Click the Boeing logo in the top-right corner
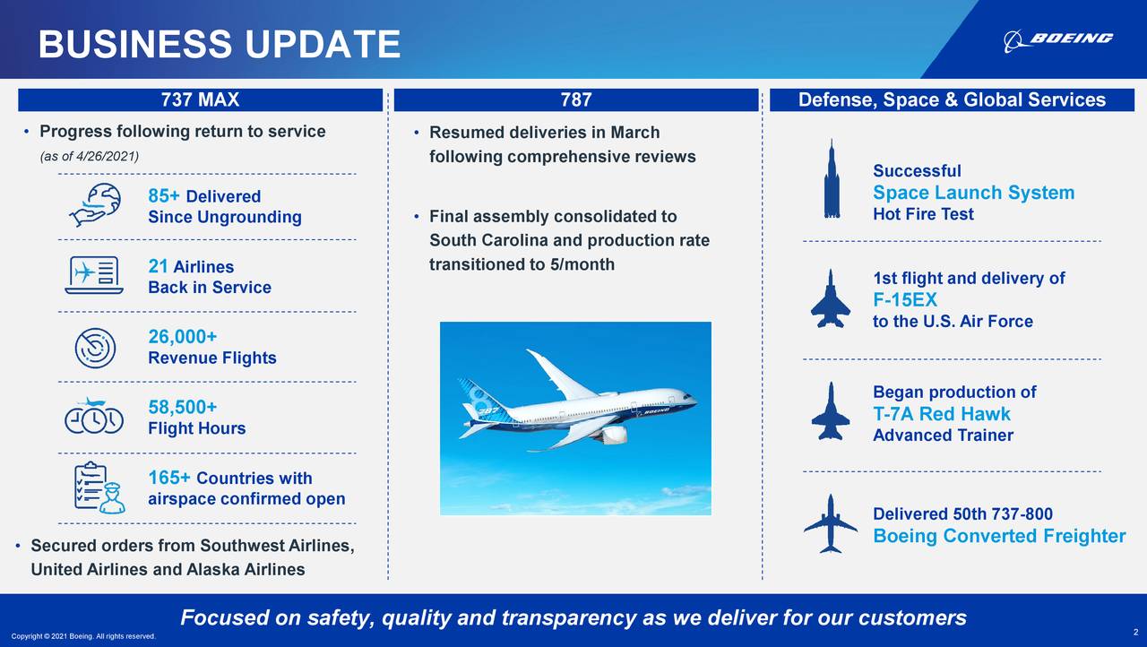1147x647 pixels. point(1058,39)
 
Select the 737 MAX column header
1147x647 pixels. point(200,100)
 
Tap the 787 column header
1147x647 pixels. point(576,100)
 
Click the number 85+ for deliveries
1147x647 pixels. point(165,196)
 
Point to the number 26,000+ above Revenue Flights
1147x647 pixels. point(183,337)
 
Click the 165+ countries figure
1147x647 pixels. point(169,478)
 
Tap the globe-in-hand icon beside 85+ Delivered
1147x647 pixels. point(94,205)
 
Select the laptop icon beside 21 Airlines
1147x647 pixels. point(92,275)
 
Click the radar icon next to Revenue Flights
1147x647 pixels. point(96,347)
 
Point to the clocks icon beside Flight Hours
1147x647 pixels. point(93,417)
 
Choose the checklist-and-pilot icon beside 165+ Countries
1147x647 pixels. point(98,487)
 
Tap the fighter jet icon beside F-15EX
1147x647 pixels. point(831,298)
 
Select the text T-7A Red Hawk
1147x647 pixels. point(941,414)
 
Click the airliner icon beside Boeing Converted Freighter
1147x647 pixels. point(831,524)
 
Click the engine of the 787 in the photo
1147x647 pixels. point(615,435)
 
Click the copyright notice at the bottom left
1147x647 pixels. point(82,636)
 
